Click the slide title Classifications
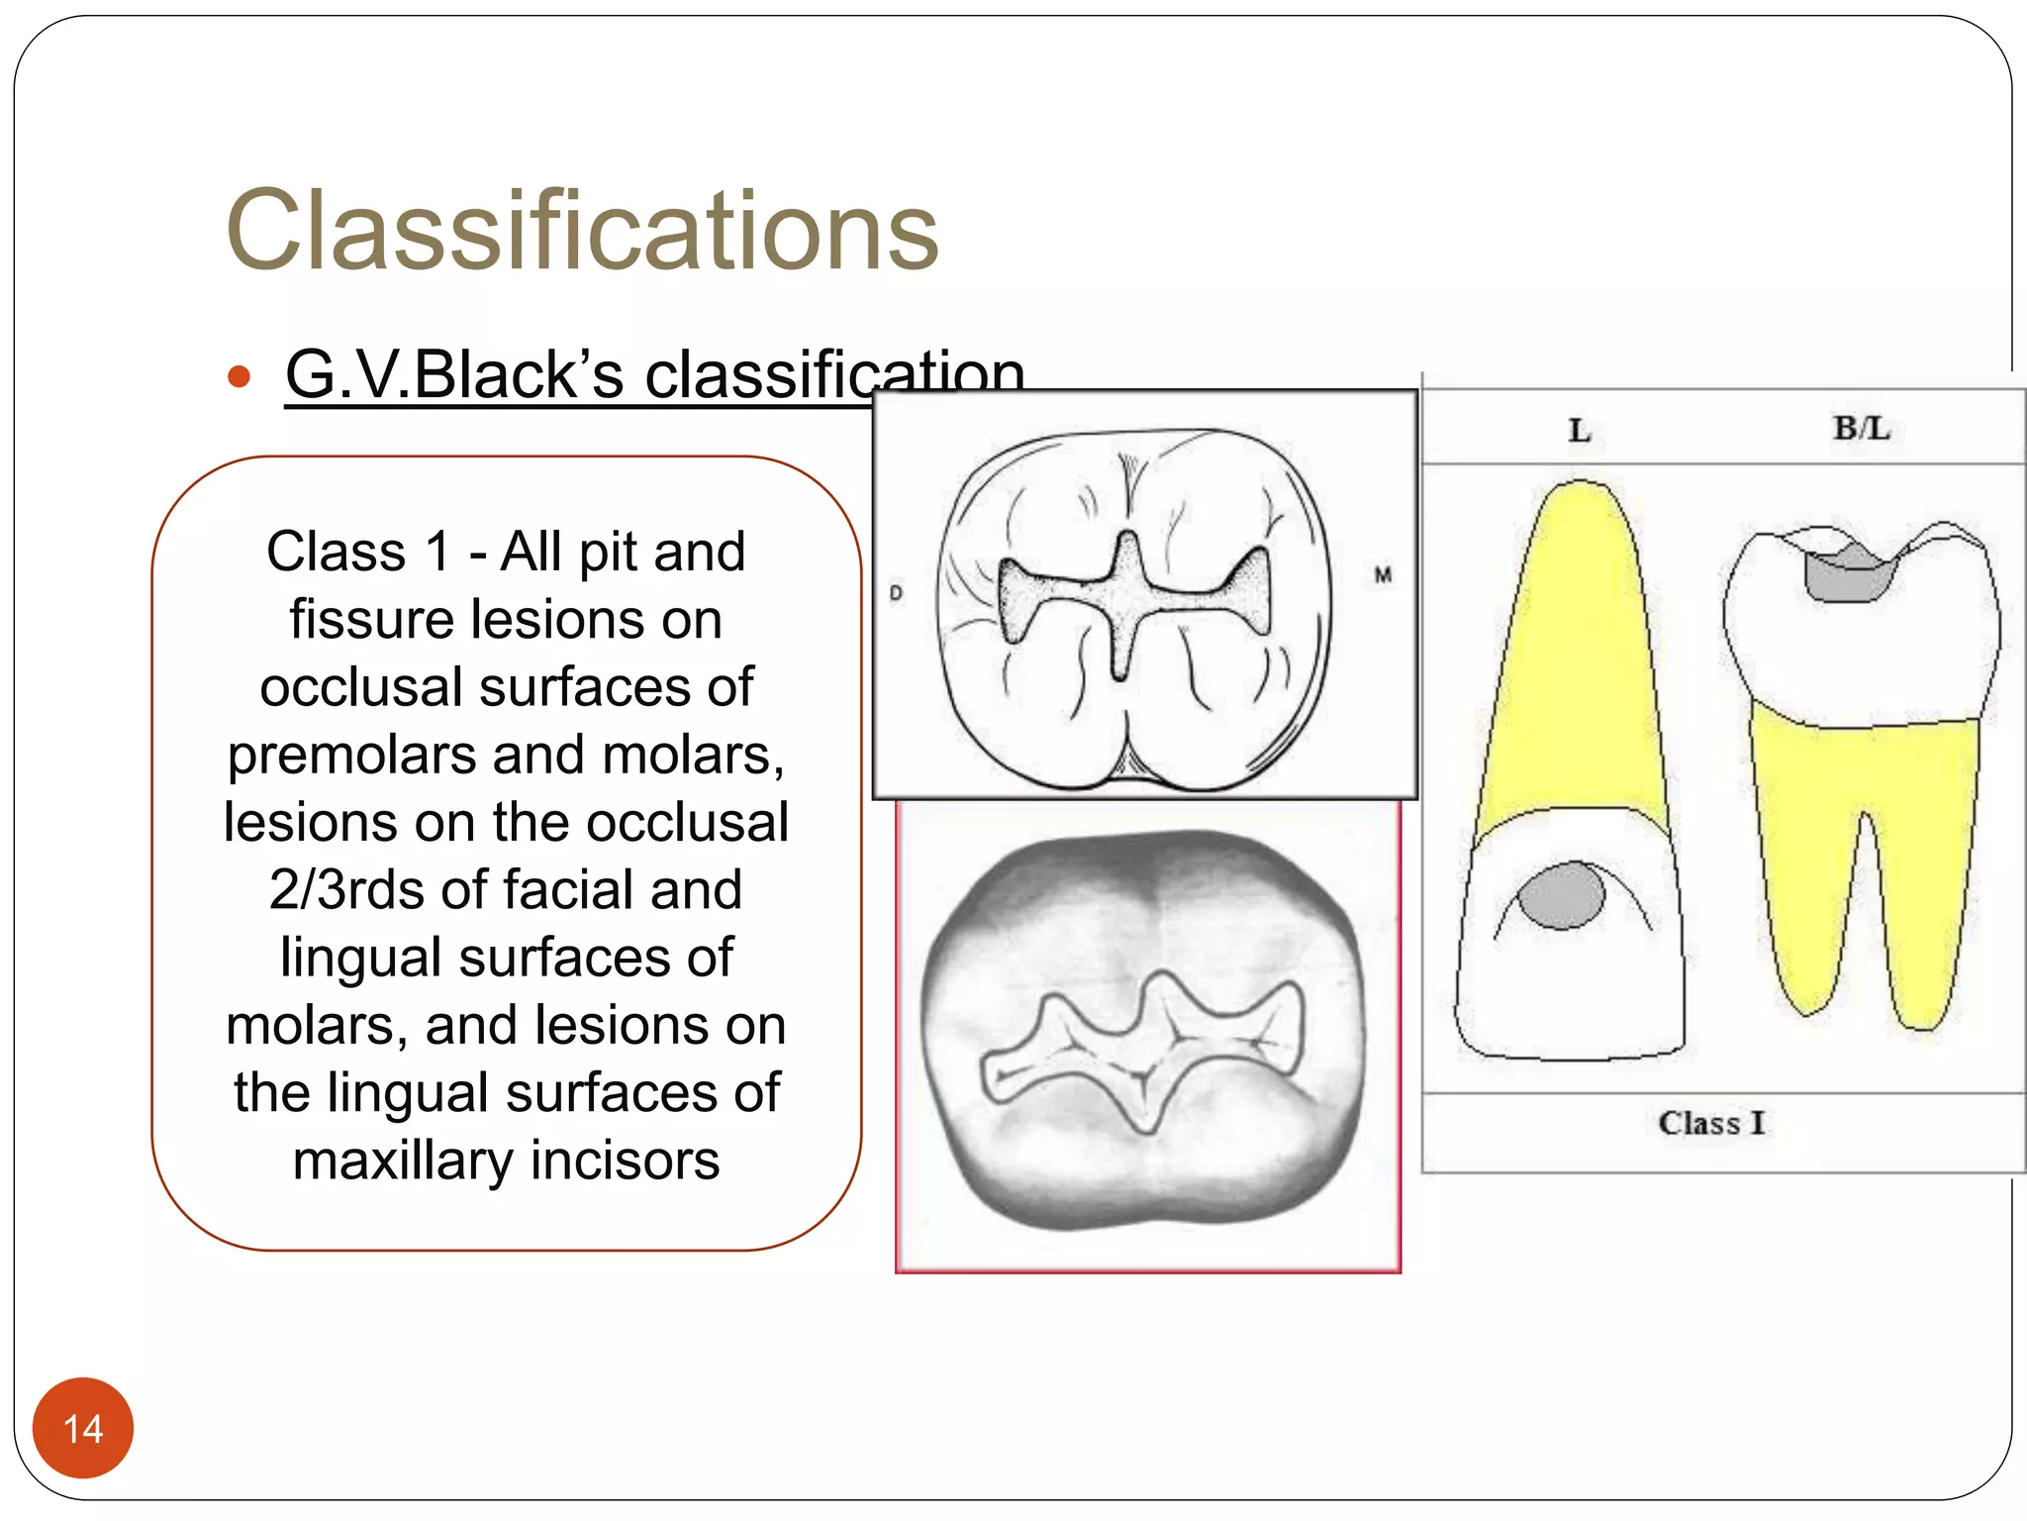(x=582, y=231)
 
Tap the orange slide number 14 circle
(x=83, y=1427)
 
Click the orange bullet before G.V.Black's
(x=239, y=377)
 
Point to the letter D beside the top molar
(x=896, y=593)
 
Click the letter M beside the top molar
(x=1383, y=574)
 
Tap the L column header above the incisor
(x=1579, y=431)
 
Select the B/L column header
(x=1861, y=428)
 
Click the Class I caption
(x=1711, y=1123)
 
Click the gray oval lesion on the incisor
(x=1561, y=894)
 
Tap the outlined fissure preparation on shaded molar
(x=1138, y=1050)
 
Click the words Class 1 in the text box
(x=358, y=552)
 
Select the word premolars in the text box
(x=353, y=755)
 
